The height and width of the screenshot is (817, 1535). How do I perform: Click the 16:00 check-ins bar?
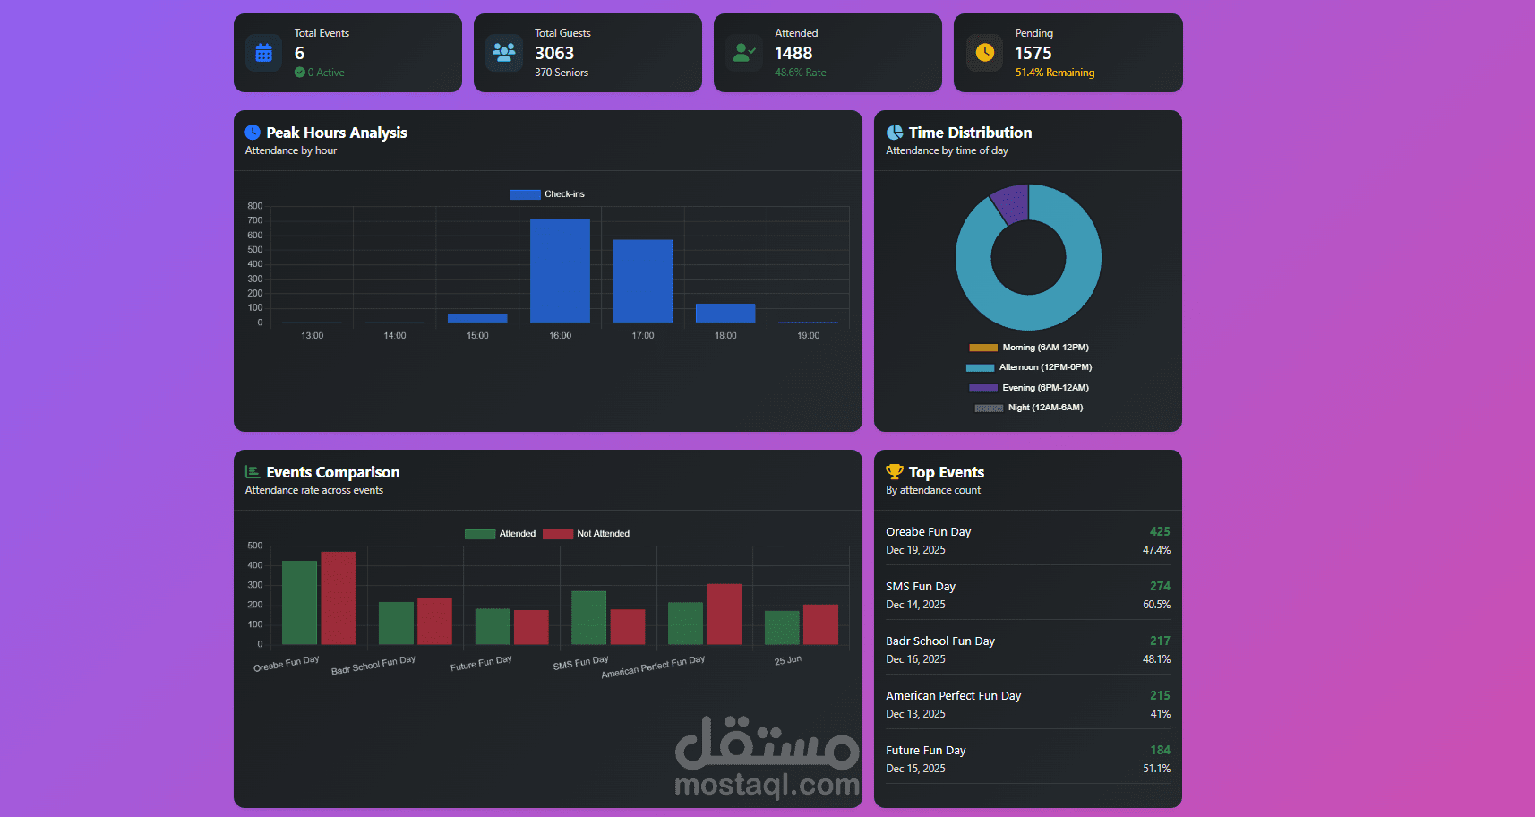(x=560, y=271)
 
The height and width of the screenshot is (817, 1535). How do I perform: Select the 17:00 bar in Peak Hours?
(x=642, y=280)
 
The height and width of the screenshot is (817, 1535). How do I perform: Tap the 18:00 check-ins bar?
(x=725, y=313)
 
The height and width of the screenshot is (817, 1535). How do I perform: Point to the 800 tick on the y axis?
(x=255, y=206)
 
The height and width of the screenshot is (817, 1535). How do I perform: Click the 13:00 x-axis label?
(x=312, y=336)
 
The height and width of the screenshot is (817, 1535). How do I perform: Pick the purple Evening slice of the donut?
(x=1011, y=203)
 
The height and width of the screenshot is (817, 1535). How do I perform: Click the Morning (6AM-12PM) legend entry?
(x=1029, y=348)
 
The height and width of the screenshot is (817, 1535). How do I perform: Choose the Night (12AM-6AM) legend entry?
(x=1029, y=408)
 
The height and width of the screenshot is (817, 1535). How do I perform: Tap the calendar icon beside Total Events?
(x=263, y=53)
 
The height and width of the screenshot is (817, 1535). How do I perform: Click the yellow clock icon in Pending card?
(x=984, y=53)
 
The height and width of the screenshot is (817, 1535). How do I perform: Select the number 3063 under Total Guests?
(x=554, y=54)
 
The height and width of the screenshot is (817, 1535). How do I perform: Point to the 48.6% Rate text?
(x=801, y=73)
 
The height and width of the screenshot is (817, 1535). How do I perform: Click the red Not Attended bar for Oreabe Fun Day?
(x=338, y=598)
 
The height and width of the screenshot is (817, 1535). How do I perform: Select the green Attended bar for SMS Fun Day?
(x=588, y=617)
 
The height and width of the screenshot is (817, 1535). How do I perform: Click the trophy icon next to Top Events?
(x=894, y=471)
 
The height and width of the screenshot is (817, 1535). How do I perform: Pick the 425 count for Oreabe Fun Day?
(x=1160, y=531)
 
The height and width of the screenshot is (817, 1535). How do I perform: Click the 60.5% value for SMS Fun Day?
(x=1156, y=605)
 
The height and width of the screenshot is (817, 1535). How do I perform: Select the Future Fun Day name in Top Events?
(x=925, y=751)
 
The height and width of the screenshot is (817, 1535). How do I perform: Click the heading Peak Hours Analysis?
(x=336, y=133)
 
